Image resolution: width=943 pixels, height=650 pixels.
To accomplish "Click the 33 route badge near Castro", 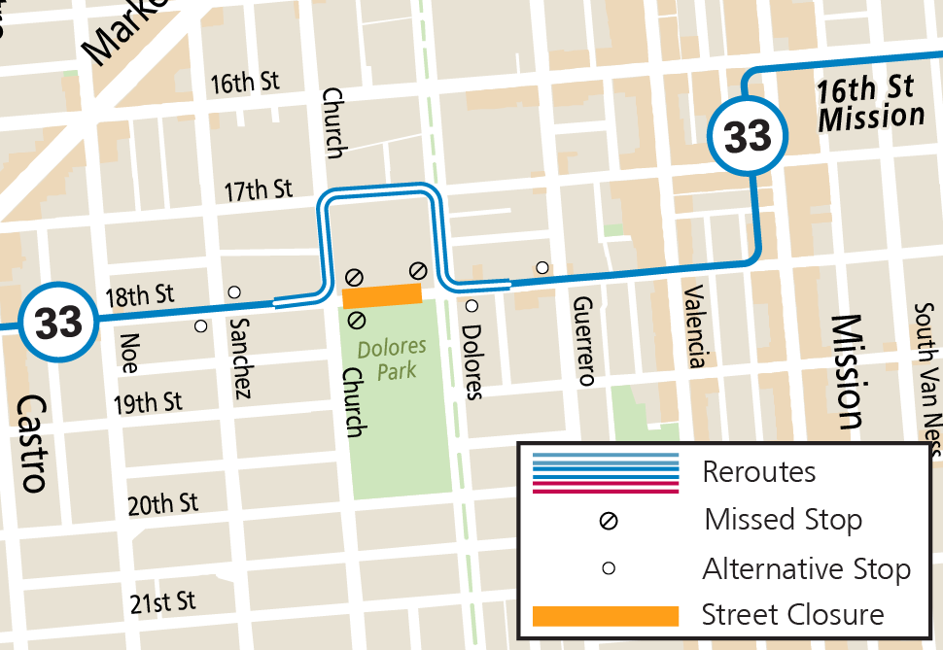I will [x=59, y=323].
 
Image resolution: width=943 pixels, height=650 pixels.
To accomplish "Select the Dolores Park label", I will [x=386, y=359].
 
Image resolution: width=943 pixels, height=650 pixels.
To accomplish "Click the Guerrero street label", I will [x=583, y=341].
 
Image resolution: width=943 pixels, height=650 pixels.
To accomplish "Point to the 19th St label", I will [x=147, y=401].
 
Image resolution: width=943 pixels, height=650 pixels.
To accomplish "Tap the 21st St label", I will [x=162, y=602].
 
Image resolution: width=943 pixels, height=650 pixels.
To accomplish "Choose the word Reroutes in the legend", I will [x=759, y=472].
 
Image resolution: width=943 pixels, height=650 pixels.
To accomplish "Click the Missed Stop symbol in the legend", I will [x=609, y=521].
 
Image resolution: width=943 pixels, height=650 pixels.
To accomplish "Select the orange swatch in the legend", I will [x=605, y=615].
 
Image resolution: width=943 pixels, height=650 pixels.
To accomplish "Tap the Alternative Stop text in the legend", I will [x=806, y=568].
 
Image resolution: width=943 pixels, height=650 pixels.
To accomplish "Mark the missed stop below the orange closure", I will [x=356, y=319].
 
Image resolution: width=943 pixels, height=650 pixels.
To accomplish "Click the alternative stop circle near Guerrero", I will [x=542, y=267].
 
